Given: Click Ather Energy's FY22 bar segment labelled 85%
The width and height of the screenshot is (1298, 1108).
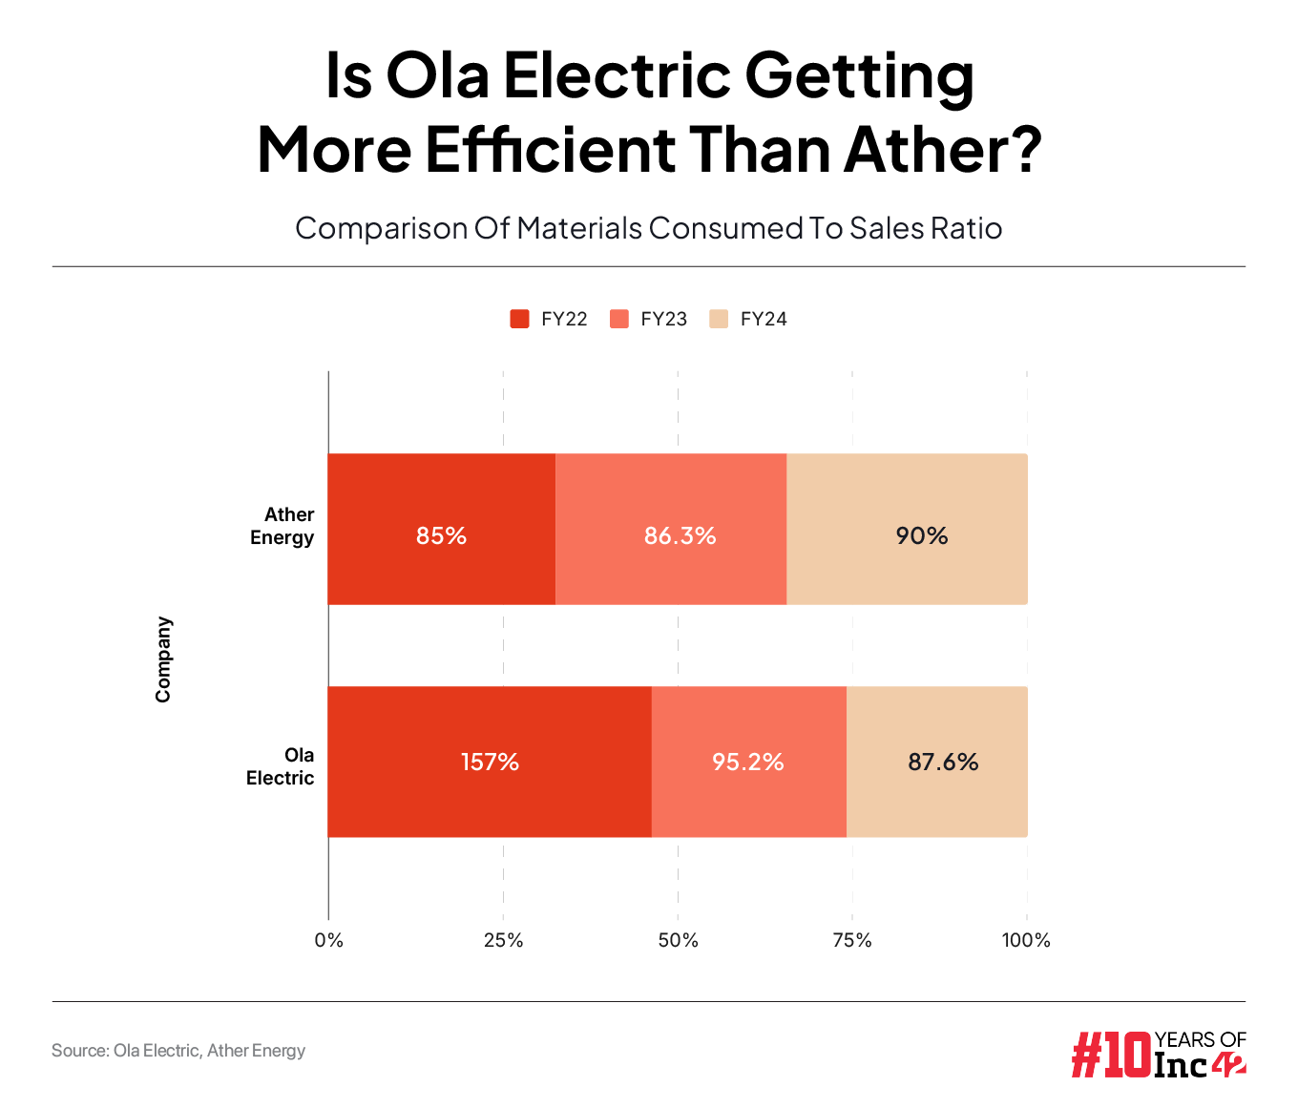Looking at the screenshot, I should pos(441,529).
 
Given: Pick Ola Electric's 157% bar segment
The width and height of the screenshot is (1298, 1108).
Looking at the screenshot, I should pos(490,762).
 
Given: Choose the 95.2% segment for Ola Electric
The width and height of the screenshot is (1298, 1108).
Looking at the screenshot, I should pos(748,762).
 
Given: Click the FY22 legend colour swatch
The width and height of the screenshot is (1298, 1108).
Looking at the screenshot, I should pos(520,319).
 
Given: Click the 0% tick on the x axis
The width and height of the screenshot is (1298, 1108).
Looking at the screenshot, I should pos(329,940).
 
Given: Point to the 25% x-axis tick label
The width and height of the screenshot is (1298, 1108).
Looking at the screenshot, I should pos(503,940).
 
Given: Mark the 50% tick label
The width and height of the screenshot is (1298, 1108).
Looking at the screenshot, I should pos(678,940).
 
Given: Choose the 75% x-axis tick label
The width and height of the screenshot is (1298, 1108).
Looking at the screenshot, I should pos(852,940).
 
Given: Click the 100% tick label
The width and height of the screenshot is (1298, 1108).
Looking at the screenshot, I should pos(1026,940).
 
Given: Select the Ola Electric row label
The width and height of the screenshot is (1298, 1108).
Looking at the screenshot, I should pos(281,766).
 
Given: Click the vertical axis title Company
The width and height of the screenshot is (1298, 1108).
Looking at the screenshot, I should pos(163,659).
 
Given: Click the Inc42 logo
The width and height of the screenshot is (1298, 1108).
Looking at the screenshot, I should pos(1159,1054).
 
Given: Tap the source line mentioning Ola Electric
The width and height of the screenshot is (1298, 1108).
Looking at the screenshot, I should pos(178,1051).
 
